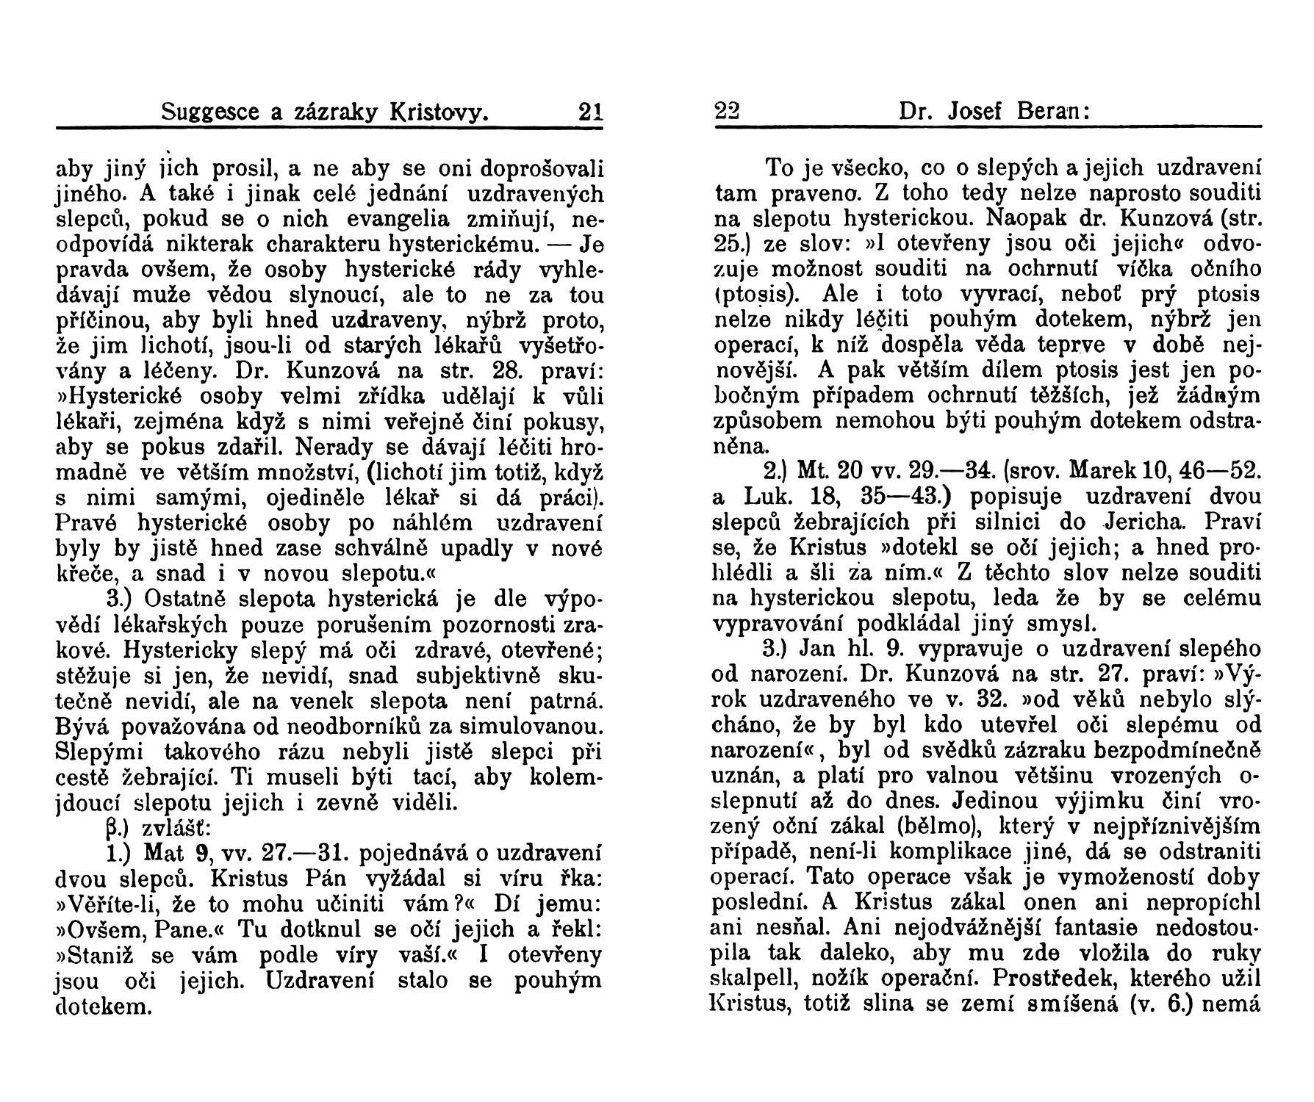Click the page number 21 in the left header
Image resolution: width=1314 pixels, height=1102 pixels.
tap(590, 112)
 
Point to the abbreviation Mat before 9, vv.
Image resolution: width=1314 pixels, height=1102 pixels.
tap(166, 854)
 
